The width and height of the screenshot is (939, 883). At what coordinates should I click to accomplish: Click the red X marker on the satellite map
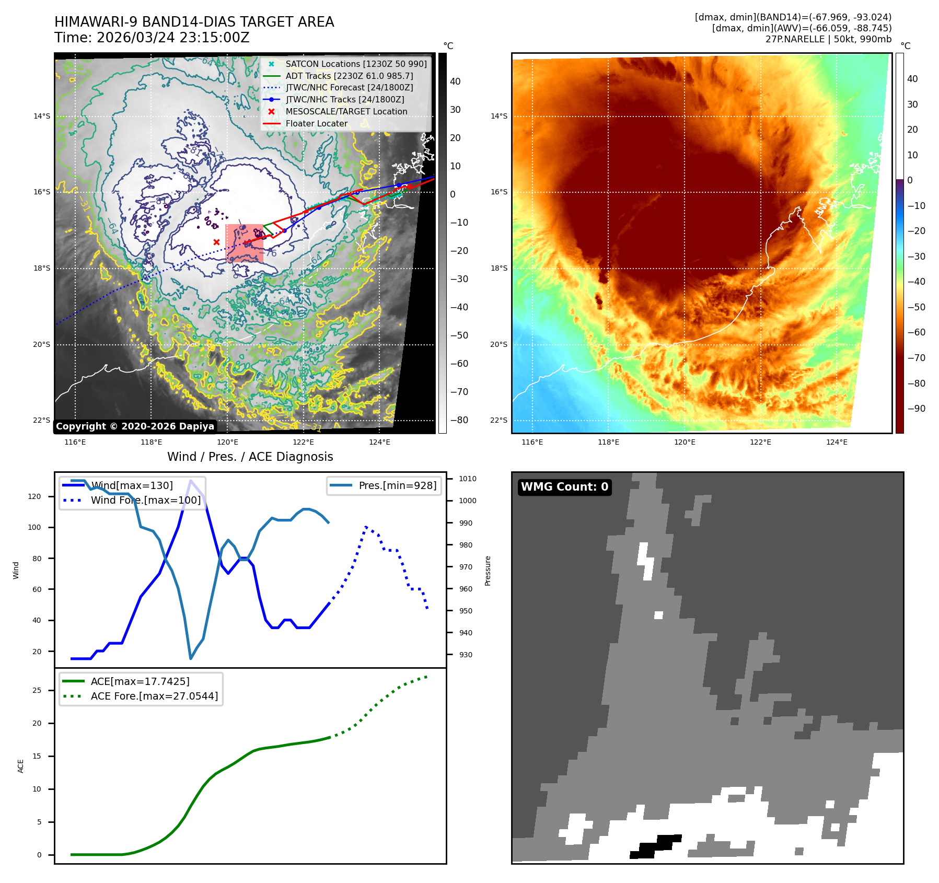(216, 242)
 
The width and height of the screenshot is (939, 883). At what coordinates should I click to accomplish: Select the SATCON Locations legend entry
(355, 64)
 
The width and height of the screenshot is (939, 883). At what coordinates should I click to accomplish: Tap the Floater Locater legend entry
(316, 123)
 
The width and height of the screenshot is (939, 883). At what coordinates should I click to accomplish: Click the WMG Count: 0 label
(564, 486)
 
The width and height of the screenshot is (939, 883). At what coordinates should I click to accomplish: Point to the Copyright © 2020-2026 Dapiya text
(135, 426)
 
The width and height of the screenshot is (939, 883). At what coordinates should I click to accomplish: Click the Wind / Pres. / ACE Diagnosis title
(250, 457)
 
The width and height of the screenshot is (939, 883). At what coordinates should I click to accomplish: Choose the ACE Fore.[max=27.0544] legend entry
(154, 696)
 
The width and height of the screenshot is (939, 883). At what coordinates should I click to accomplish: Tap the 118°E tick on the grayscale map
(151, 442)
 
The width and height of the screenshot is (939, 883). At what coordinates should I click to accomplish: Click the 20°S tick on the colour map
(499, 344)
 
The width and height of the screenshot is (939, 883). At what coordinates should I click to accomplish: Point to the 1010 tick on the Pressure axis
(468, 479)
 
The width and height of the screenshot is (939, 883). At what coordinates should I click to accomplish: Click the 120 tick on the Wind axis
(34, 496)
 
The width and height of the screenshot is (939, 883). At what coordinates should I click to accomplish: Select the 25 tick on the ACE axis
(37, 690)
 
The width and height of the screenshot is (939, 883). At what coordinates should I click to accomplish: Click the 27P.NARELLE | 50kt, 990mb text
(828, 39)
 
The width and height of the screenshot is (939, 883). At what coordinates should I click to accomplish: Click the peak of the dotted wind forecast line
(366, 527)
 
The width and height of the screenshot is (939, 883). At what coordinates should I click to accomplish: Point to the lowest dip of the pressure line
(191, 658)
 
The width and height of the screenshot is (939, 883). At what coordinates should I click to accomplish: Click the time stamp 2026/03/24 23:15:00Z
(173, 38)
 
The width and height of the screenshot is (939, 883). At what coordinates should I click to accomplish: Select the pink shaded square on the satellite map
(244, 243)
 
